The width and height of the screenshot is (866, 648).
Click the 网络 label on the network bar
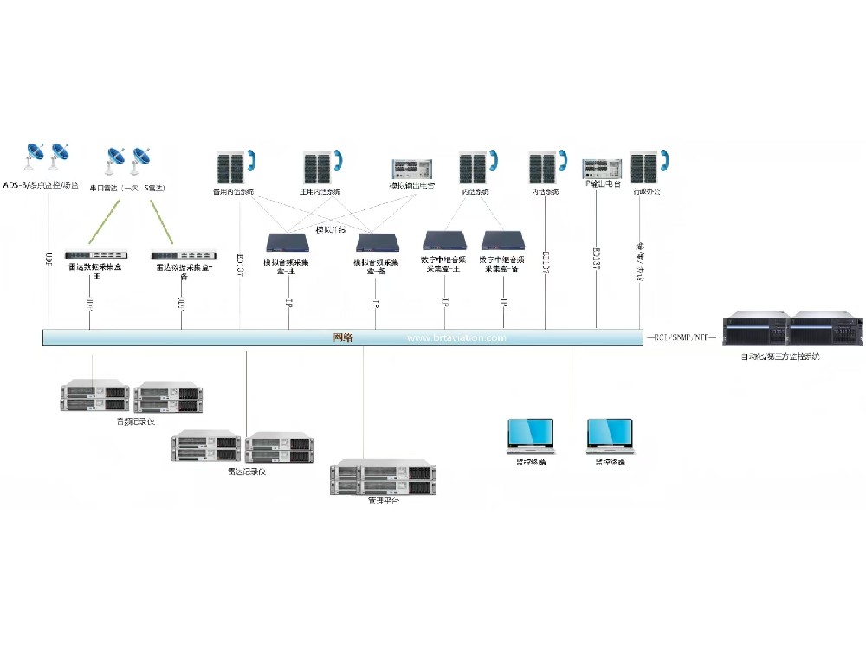(344, 337)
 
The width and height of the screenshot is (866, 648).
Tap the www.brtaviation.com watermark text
(456, 338)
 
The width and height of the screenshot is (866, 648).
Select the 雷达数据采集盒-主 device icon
(95, 255)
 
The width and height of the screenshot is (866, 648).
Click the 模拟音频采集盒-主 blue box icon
(288, 241)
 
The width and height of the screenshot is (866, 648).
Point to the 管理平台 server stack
(383, 478)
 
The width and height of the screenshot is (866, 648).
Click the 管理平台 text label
(384, 501)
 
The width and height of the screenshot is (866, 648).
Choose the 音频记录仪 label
(136, 421)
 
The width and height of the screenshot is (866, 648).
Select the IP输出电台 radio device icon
(602, 167)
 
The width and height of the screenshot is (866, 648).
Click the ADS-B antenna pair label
(41, 185)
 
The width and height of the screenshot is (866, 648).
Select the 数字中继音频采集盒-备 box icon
(503, 240)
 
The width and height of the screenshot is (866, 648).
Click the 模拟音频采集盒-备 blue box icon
(375, 241)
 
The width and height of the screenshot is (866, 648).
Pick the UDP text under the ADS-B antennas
(48, 258)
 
